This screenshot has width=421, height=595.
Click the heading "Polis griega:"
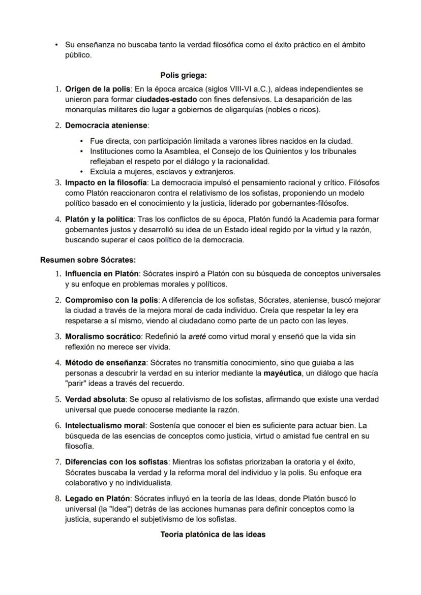point(184,76)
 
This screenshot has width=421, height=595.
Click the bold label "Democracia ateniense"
point(106,125)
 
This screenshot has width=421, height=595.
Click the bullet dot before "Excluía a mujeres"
point(82,172)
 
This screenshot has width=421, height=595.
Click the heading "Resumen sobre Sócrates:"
point(88,260)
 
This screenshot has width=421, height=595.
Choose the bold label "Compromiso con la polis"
point(112,300)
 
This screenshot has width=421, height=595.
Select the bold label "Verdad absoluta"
point(96,399)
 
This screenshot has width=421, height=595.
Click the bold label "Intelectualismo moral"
point(105,425)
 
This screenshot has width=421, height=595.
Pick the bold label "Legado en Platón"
point(97,498)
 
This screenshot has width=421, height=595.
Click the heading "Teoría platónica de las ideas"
point(213,535)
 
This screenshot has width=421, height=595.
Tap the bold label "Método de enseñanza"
point(106,363)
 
